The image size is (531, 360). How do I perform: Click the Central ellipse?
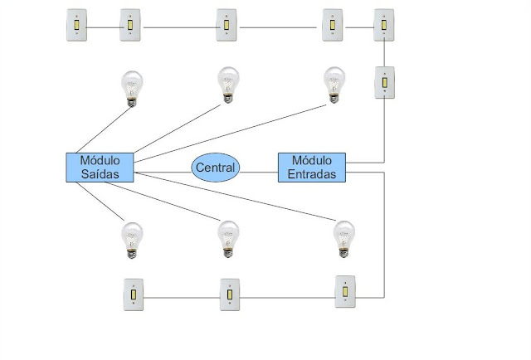pos(216,168)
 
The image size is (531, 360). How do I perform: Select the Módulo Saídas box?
pos(100,167)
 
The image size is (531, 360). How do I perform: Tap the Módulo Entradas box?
pos(311,167)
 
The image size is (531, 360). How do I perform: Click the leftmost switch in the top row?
pos(78,25)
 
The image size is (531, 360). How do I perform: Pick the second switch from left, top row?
pos(131,25)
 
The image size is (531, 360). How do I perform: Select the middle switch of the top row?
pos(227,25)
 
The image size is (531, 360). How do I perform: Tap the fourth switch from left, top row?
pos(332,25)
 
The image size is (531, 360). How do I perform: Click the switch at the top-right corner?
pos(383,25)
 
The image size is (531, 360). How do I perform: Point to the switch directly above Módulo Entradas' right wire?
pos(383,83)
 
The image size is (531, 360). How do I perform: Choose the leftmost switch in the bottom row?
pos(134,295)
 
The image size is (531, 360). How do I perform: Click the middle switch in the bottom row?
pos(229,294)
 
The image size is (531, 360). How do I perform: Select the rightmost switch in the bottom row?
pos(345,292)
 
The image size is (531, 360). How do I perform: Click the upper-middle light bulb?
pos(228,85)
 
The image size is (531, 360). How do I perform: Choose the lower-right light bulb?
pos(343,239)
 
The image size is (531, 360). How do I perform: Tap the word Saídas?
pos(100,174)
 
